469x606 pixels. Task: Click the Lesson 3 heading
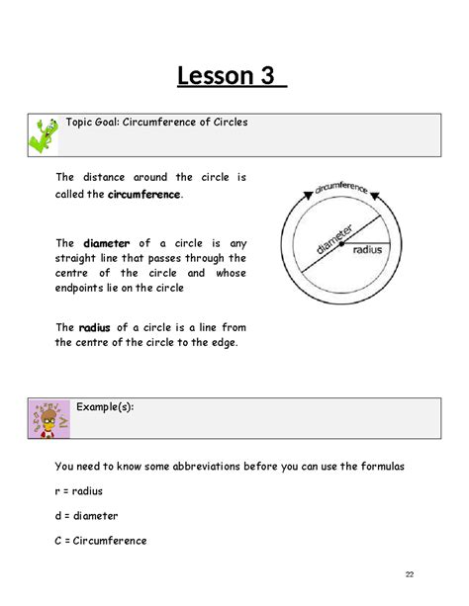click(x=232, y=75)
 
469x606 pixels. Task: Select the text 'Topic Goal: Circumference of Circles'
click(x=156, y=123)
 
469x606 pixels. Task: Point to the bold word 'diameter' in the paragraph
click(x=106, y=243)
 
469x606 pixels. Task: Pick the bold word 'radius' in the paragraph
click(x=95, y=327)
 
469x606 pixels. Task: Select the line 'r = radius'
click(x=79, y=490)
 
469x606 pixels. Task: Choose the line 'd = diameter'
click(x=87, y=515)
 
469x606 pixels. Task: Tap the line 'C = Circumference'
click(x=101, y=541)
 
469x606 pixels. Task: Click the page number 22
click(x=410, y=575)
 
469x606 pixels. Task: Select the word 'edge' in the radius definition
click(x=224, y=342)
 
